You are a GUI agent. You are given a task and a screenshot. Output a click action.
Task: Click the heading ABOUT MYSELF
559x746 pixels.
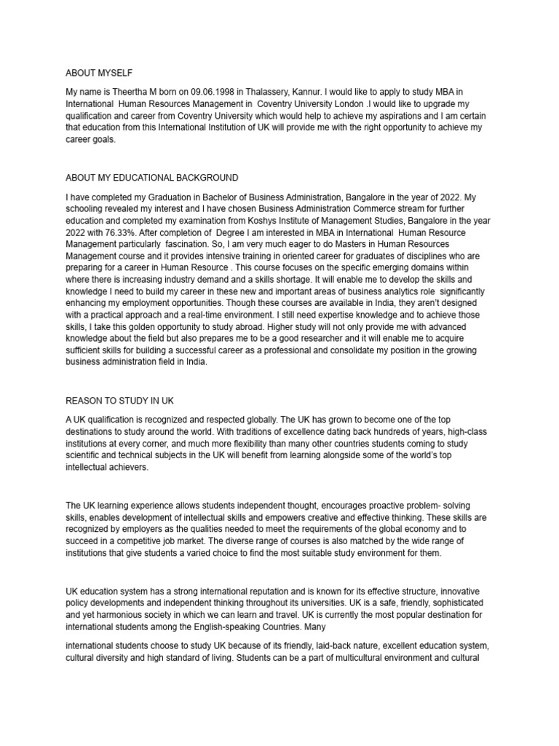100,73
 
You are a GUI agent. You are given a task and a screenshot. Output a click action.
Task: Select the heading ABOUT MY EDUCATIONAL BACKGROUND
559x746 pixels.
152,178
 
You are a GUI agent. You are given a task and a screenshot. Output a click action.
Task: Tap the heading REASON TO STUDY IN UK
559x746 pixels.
120,401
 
